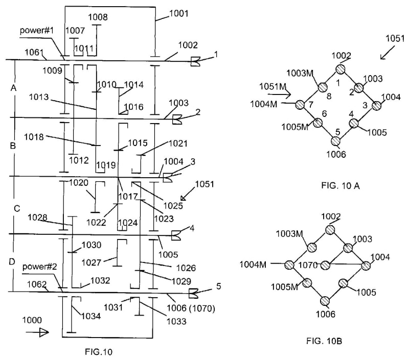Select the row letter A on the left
coord(14,88)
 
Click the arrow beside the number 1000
coord(39,332)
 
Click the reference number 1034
coord(91,316)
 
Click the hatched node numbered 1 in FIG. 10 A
coord(341,69)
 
